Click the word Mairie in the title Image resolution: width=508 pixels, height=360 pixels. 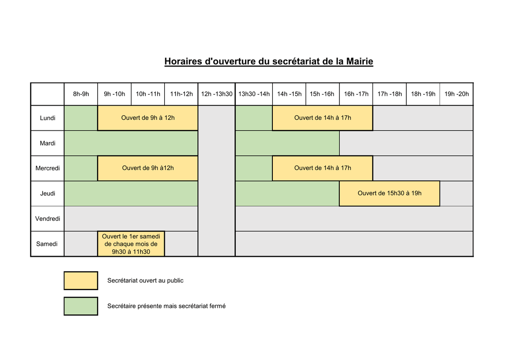tap(360, 61)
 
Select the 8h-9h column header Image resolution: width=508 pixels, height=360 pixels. tap(81, 94)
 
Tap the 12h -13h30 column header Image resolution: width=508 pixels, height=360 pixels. tap(217, 94)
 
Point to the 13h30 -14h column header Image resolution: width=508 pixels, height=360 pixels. tap(254, 94)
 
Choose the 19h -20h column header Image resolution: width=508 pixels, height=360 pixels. tap(456, 94)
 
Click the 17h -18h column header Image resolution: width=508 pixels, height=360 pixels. tap(390, 94)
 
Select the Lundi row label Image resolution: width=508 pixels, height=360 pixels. tap(48, 118)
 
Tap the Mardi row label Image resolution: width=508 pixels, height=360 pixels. tap(48, 144)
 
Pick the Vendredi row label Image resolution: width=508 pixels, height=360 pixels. tap(48, 218)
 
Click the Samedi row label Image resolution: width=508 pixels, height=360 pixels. tap(48, 244)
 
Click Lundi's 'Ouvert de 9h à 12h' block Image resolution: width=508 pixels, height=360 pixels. tap(148, 118)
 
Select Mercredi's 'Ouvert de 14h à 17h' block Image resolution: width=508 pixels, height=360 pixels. tap(322, 168)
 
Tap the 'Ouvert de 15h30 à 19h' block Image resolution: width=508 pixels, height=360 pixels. tap(389, 193)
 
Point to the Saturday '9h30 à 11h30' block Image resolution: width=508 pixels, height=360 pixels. tap(131, 244)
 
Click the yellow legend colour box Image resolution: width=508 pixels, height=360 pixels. tap(81, 281)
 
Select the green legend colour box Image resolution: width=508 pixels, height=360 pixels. tap(81, 306)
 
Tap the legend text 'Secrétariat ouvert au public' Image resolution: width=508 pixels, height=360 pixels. tap(145, 281)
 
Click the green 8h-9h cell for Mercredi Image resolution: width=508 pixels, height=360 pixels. tap(81, 168)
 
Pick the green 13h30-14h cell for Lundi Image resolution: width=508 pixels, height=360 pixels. tap(254, 118)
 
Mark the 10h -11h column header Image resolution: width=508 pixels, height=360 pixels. tap(148, 94)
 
